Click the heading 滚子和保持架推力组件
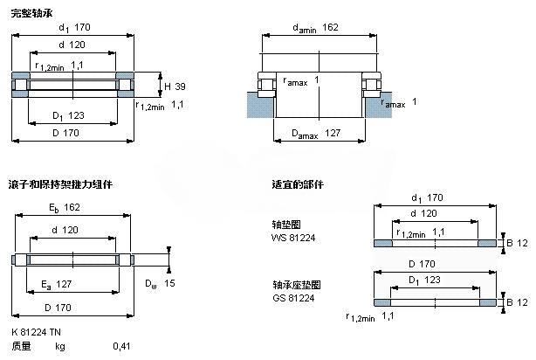(x=61, y=184)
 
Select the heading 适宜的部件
(x=298, y=184)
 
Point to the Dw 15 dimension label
(x=159, y=283)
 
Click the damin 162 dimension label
(x=316, y=29)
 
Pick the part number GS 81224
(x=292, y=298)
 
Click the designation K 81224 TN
(x=37, y=332)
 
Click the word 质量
(x=21, y=346)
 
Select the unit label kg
(x=60, y=346)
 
